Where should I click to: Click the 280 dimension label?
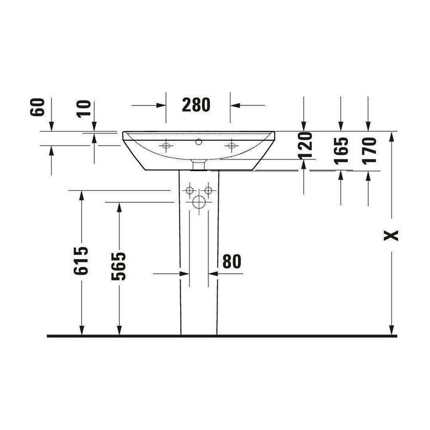(x=196, y=105)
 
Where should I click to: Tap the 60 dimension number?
(x=38, y=107)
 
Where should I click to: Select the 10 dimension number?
(x=84, y=109)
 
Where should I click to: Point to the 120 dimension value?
(x=305, y=146)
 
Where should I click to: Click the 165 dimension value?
(x=341, y=150)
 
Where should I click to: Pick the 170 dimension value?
(x=369, y=150)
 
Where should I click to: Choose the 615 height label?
(x=81, y=261)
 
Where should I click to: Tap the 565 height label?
(x=118, y=266)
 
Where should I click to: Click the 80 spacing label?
(x=232, y=262)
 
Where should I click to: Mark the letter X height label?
(x=391, y=235)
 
